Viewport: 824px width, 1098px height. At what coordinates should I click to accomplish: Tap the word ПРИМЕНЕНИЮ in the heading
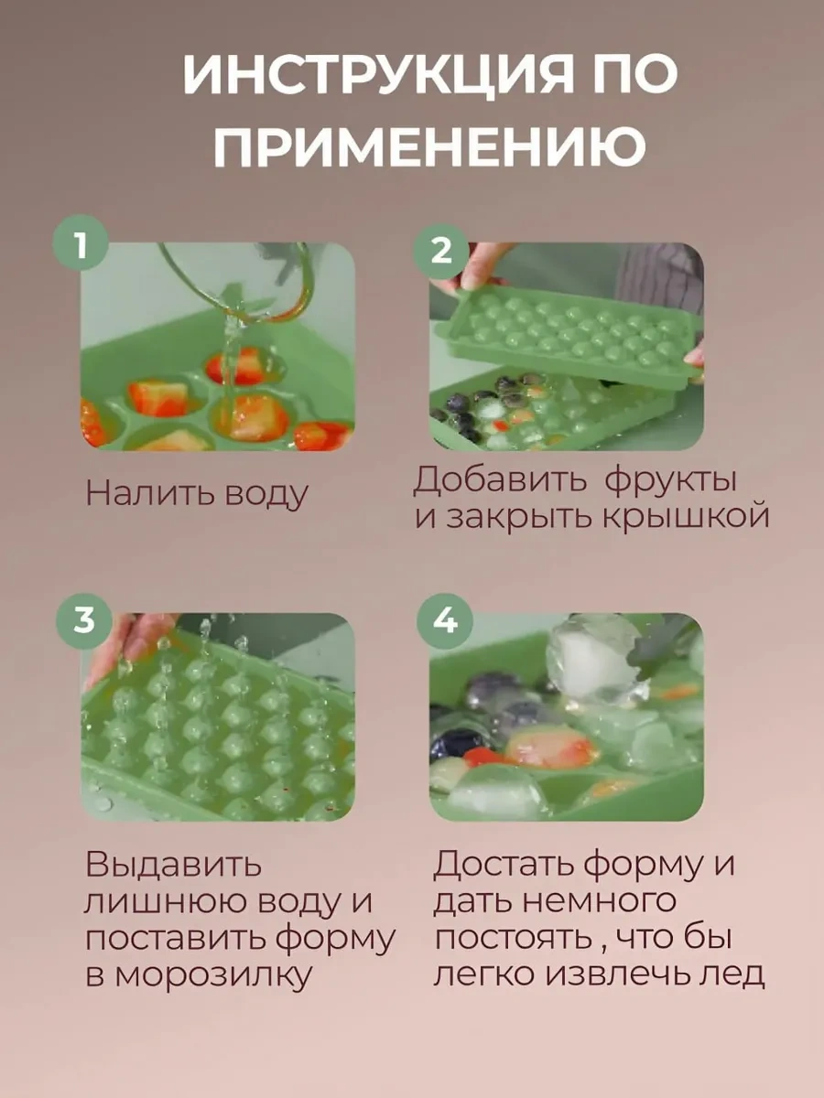[x=429, y=145]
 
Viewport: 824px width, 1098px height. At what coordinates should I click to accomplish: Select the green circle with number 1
[x=81, y=243]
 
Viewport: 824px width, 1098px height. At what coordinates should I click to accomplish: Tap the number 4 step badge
[x=445, y=620]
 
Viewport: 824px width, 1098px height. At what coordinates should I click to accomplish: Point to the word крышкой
[x=685, y=516]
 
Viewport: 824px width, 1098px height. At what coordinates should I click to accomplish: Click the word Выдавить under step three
[x=173, y=864]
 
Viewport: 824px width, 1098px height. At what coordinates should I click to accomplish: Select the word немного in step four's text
[x=601, y=900]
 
